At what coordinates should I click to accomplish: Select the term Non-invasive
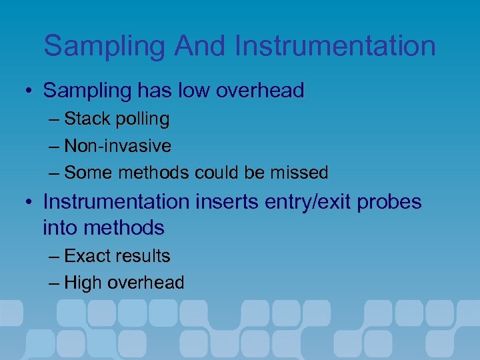pyautogui.click(x=117, y=146)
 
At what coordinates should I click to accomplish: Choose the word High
pyautogui.click(x=83, y=283)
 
